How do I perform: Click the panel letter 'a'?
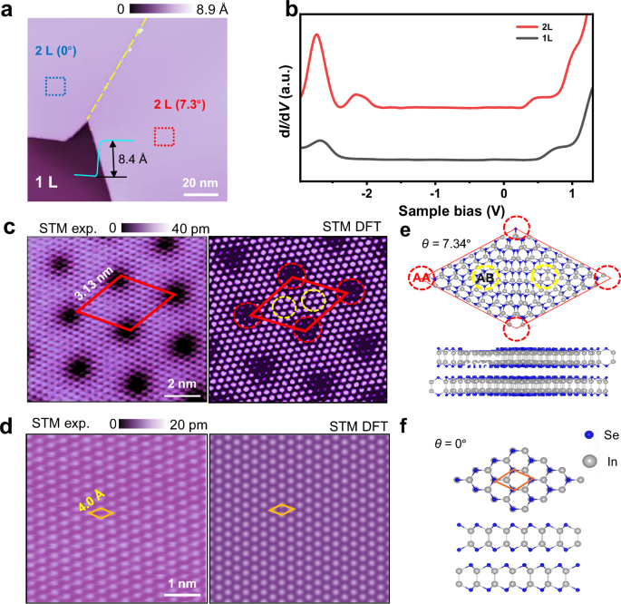[10, 10]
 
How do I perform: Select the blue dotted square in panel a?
[55, 86]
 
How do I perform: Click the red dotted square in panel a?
[163, 136]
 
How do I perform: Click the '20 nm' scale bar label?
[200, 182]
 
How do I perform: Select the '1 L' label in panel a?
[48, 182]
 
